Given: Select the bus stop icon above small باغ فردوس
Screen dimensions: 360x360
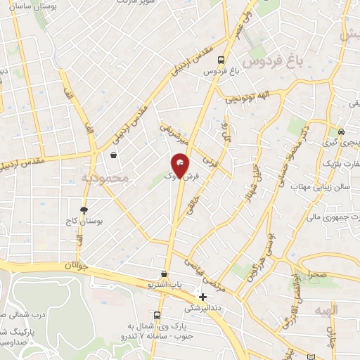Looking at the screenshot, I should [x=221, y=60].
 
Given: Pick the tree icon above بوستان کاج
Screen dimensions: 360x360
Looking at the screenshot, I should [x=84, y=210].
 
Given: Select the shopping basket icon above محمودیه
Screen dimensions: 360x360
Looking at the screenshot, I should [x=114, y=156].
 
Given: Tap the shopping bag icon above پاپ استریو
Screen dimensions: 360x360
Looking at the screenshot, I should [x=164, y=274].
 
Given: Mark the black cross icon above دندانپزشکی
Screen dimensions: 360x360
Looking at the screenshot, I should [x=202, y=297].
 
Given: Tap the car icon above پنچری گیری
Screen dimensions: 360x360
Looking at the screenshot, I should [x=340, y=131].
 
